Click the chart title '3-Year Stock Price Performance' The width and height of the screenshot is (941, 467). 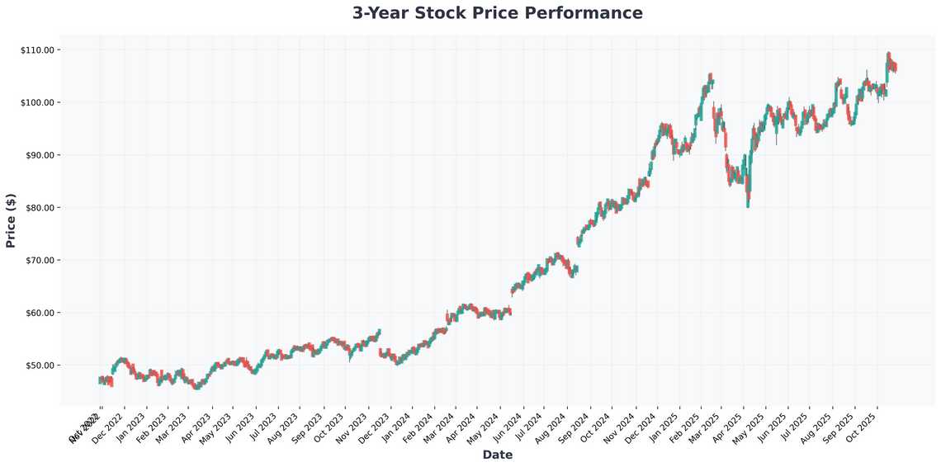tap(497, 13)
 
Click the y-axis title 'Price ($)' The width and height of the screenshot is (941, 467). tap(11, 219)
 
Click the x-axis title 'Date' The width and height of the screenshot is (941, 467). tap(497, 455)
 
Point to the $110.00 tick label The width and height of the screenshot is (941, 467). tap(37, 50)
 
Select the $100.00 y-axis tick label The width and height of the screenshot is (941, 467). tap(37, 102)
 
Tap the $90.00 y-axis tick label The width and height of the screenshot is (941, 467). tap(39, 155)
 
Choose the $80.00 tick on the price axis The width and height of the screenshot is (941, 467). tap(39, 208)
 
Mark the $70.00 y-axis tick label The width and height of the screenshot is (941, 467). tap(39, 260)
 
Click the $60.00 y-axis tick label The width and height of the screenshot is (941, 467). tap(39, 313)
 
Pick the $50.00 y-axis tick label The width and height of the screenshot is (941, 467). tap(39, 366)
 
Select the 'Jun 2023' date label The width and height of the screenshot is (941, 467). tap(239, 426)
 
